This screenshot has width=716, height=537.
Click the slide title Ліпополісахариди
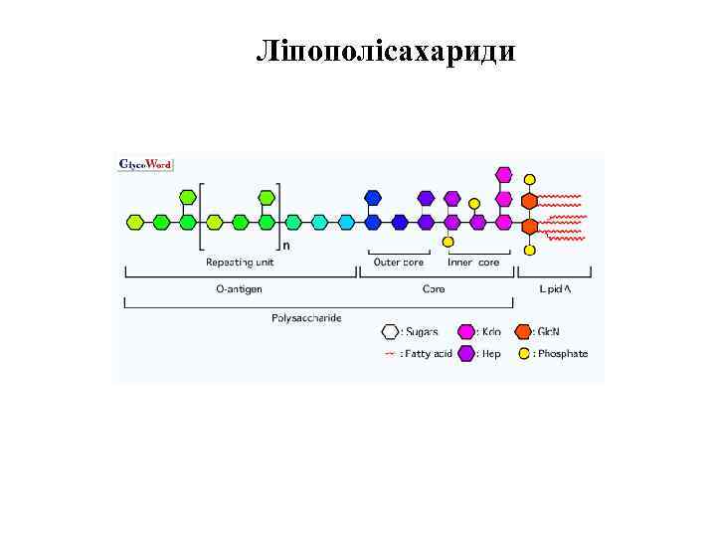386,51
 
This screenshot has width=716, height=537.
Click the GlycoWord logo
145,164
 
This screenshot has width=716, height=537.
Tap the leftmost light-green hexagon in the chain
135,222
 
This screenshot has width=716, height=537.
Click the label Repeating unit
240,263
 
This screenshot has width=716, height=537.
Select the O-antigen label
240,289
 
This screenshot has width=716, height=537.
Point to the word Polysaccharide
306,318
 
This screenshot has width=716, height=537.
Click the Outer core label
399,263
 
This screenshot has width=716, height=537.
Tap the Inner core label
473,263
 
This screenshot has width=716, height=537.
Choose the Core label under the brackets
435,289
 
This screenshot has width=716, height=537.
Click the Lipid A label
555,289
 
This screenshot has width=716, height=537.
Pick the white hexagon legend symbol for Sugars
391,331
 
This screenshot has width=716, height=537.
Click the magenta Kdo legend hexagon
465,331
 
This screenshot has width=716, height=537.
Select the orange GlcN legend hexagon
524,331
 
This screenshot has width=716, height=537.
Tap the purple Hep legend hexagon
465,353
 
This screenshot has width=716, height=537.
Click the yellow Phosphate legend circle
524,353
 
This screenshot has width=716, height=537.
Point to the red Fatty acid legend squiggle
390,353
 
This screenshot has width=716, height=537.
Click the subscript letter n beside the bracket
287,245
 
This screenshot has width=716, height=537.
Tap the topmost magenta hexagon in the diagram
504,176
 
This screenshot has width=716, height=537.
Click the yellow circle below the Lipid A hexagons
530,250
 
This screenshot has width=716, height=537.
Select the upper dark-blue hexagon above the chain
373,197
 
